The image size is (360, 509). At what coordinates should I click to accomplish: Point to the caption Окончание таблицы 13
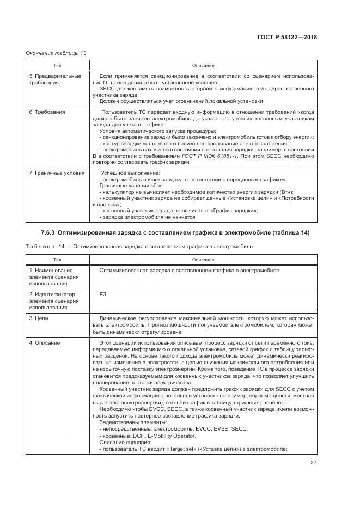point(56,53)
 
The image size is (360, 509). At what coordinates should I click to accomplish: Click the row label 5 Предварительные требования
point(54,79)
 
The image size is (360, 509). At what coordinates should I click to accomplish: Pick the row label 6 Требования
point(47,112)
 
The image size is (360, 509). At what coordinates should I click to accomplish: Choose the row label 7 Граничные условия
point(57,173)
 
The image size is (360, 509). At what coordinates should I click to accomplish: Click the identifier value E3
point(103,294)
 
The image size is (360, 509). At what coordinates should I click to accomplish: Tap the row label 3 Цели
point(41,318)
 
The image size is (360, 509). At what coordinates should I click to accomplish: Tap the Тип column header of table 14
point(57,260)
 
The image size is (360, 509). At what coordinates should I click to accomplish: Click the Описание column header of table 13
point(203,65)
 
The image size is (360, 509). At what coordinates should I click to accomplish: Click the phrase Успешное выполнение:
point(125,173)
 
